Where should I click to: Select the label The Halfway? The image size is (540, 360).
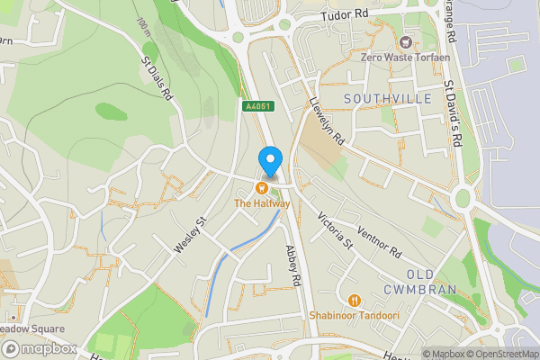click(262, 203)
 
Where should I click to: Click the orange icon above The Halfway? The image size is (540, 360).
click(261, 188)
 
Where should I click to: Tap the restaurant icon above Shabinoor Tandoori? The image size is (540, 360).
click(354, 300)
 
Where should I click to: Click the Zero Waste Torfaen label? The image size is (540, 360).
click(405, 58)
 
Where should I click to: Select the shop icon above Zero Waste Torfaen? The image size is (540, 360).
click(405, 41)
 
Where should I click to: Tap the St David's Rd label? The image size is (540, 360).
click(452, 115)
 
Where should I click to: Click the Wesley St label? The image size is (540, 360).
click(192, 232)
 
